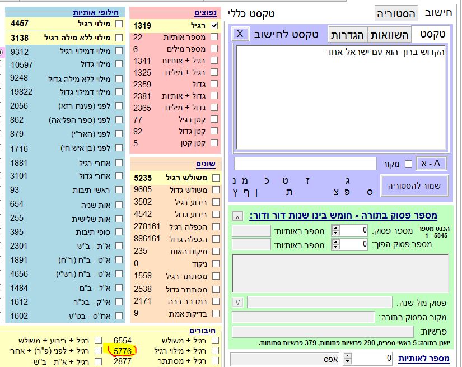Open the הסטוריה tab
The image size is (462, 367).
[396, 13]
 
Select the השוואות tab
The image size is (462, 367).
[390, 35]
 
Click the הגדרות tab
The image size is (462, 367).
[347, 35]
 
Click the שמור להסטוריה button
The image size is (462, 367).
[414, 185]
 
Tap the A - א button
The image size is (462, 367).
[431, 163]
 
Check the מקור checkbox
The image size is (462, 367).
[408, 164]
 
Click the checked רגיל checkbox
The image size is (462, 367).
[214, 25]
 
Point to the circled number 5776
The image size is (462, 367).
[122, 351]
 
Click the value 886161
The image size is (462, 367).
[147, 239]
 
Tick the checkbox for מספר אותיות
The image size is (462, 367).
[214, 37]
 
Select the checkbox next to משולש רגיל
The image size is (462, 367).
[214, 178]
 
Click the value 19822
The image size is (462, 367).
[22, 92]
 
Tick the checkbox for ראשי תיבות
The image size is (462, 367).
[118, 190]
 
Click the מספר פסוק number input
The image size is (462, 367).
[354, 230]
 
